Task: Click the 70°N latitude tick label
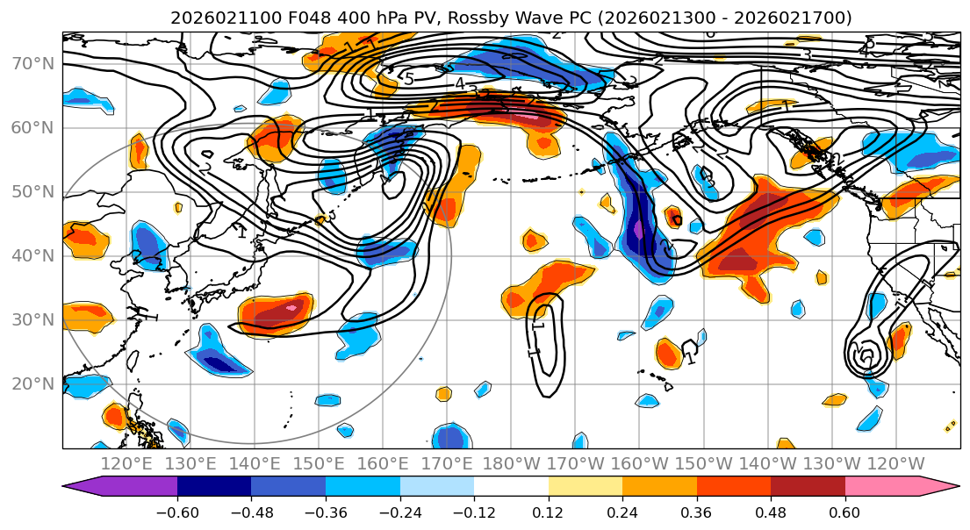(x=32, y=64)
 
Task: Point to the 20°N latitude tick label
(x=32, y=384)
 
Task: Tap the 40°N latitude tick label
(x=32, y=256)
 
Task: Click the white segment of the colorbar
(x=511, y=487)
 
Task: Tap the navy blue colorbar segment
(x=213, y=487)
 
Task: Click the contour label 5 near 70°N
(x=408, y=79)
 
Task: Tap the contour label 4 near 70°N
(x=459, y=84)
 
